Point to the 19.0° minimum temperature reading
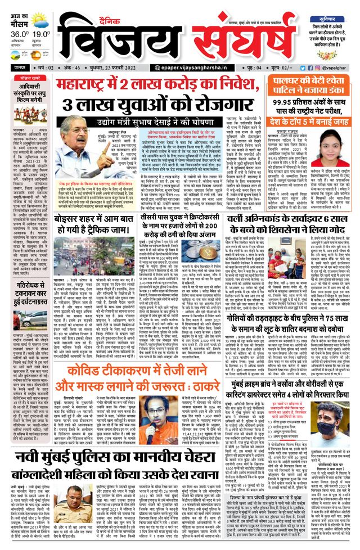click(39, 33)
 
